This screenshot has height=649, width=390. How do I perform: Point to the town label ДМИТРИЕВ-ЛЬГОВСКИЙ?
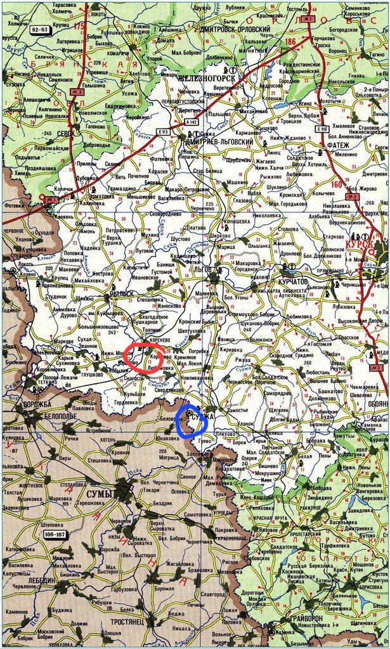click(219, 143)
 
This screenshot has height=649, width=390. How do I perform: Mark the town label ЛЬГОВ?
click(204, 270)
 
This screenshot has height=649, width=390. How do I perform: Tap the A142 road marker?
click(192, 121)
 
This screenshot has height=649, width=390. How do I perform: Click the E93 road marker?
click(163, 131)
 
